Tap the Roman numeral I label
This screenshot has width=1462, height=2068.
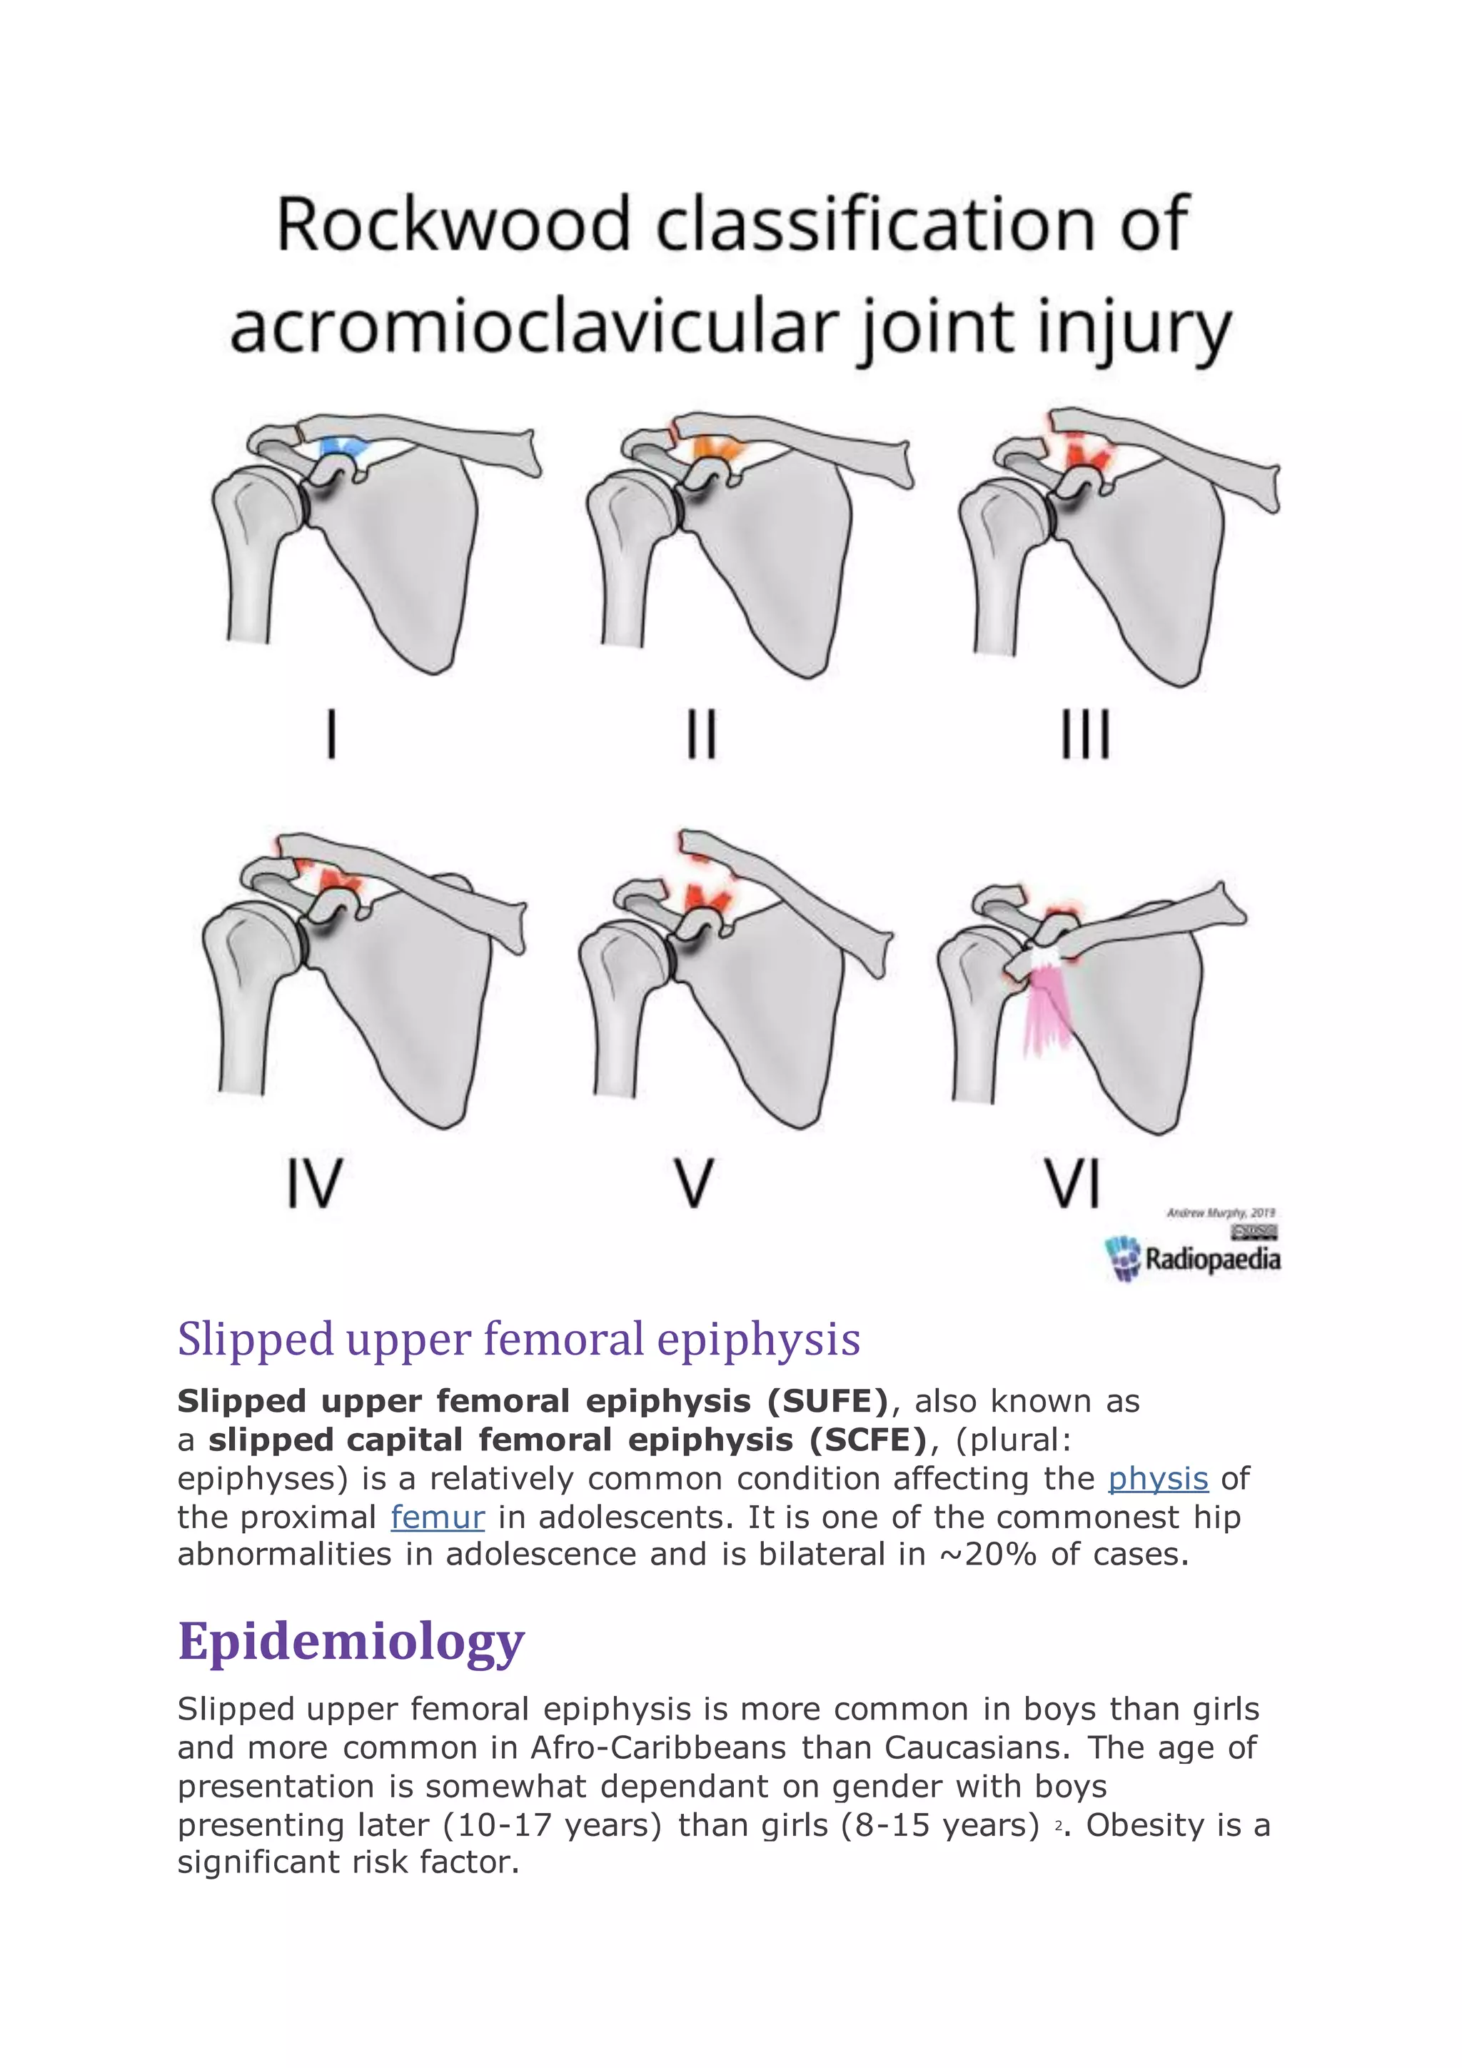pos(331,734)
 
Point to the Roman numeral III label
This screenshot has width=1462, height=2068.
pos(1085,734)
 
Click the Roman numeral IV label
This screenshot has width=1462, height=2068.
pos(314,1183)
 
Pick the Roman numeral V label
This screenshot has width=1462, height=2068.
pos(694,1183)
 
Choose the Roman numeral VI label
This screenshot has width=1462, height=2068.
pos(1072,1183)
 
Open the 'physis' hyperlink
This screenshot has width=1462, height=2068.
pos(1158,1479)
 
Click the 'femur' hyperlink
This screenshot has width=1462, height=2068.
pos(438,1517)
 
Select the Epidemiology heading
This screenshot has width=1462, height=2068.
pos(351,1641)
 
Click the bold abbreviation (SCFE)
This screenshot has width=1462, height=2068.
pos(869,1440)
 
